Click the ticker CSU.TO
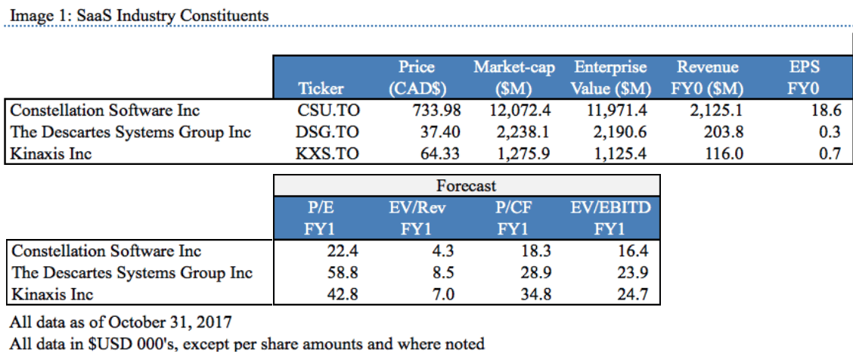tap(328, 110)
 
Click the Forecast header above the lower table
tap(466, 185)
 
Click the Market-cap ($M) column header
tap(514, 78)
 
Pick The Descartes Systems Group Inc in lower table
tap(132, 272)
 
